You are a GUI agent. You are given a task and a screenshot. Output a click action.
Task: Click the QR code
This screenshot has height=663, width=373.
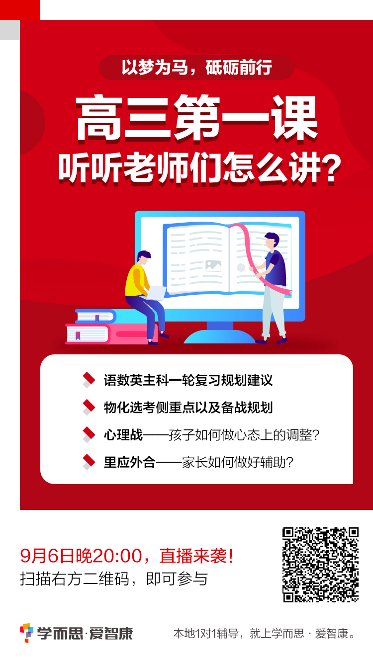(x=321, y=565)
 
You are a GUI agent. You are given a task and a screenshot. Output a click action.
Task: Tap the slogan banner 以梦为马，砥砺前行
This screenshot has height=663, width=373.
(x=197, y=68)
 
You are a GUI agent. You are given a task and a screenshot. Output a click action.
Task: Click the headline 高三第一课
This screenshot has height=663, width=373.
(x=197, y=118)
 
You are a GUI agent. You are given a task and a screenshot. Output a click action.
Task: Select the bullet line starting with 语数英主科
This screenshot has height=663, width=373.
(x=188, y=380)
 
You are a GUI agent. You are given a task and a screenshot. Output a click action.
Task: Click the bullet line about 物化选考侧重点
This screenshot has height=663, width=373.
(x=188, y=407)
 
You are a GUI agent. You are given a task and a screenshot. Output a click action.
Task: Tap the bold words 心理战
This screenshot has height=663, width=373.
(x=123, y=435)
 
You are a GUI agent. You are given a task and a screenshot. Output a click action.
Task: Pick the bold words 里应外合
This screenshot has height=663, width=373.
(x=129, y=462)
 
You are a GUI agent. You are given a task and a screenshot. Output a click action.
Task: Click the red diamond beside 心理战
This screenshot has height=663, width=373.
(x=89, y=434)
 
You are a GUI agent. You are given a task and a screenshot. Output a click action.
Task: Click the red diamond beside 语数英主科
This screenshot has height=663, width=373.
(x=89, y=379)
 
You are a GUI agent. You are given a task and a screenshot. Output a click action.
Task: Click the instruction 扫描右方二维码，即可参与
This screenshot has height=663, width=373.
(x=114, y=579)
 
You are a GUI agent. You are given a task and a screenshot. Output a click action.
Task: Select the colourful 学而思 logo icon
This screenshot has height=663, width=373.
(x=26, y=633)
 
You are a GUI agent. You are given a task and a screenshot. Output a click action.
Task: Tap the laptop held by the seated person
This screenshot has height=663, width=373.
(x=156, y=292)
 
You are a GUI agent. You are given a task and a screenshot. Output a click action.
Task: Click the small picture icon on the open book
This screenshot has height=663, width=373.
(x=213, y=265)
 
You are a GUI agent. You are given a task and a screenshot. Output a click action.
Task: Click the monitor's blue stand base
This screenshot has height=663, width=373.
(x=219, y=336)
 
